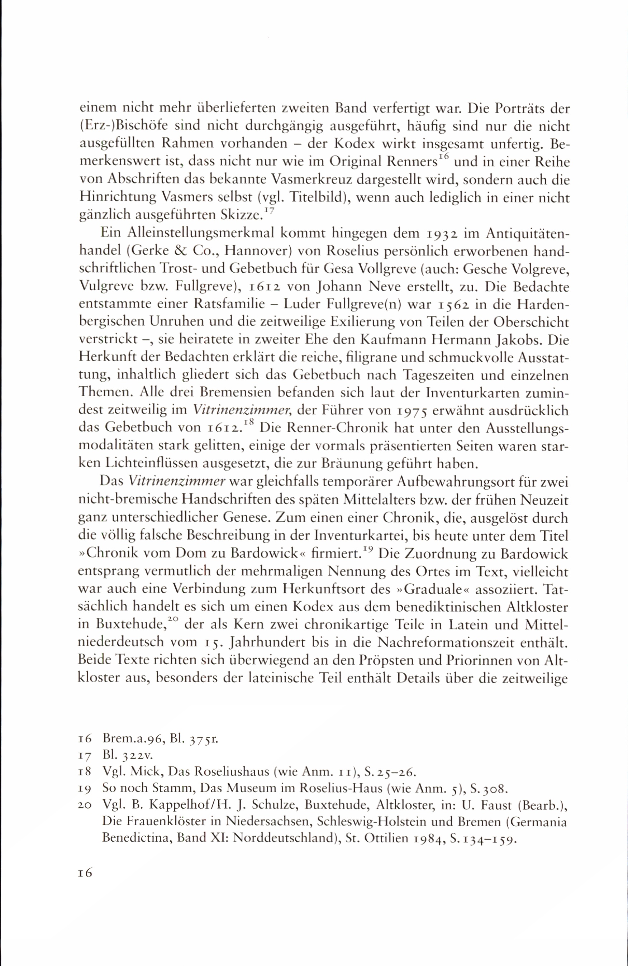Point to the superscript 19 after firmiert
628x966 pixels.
[368, 550]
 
